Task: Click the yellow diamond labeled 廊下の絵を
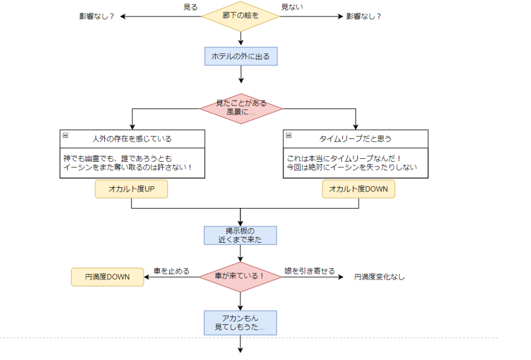pos(241,16)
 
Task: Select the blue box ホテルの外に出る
pos(241,56)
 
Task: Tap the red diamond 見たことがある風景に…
pos(241,108)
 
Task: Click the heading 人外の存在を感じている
pos(132,139)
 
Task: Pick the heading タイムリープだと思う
pos(355,139)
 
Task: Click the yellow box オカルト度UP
pos(132,189)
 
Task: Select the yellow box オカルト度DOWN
pos(358,189)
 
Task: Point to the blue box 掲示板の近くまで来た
pos(241,235)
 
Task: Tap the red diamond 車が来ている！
pos(240,276)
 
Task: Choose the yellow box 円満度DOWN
pos(107,277)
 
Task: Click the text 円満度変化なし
pos(380,277)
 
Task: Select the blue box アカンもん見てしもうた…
pos(241,323)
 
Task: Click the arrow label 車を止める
pos(172,271)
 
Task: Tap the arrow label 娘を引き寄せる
pos(310,271)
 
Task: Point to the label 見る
pos(190,7)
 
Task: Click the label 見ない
pos(292,7)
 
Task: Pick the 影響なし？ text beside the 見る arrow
pos(96,16)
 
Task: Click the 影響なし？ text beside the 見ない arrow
pos(364,16)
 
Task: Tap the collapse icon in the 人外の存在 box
pos(65,135)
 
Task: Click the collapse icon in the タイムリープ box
pos(289,135)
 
